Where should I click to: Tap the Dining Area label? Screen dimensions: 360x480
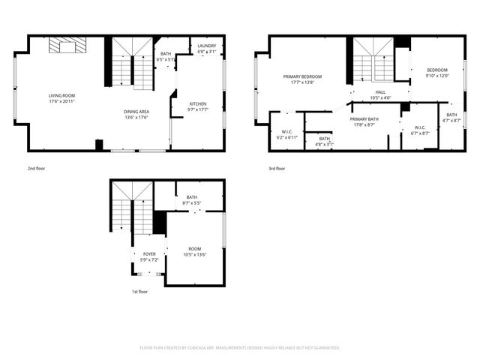point(136,114)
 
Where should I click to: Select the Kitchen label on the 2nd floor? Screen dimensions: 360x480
point(198,106)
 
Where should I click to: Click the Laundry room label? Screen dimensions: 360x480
point(206,49)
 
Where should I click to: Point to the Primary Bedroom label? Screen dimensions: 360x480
point(302,79)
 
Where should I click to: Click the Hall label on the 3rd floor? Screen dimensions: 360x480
point(381,94)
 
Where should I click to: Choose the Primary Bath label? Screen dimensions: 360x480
point(364,121)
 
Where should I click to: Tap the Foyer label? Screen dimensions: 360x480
point(149,256)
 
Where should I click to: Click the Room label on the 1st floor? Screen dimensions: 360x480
point(194,251)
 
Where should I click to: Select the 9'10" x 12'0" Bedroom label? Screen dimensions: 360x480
point(436,73)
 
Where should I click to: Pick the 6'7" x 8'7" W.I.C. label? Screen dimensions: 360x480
point(420,130)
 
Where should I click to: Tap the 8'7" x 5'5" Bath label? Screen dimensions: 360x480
point(192,199)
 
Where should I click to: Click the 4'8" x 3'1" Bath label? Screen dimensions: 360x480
point(324,140)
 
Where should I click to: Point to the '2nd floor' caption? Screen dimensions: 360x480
point(36,169)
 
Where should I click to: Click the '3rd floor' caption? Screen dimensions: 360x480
point(277,169)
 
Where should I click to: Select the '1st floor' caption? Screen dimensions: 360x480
point(139,292)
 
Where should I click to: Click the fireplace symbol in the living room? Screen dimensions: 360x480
point(67,46)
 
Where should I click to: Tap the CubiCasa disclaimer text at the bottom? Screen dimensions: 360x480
point(240,348)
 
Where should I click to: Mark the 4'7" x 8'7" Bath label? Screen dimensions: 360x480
point(451,118)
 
